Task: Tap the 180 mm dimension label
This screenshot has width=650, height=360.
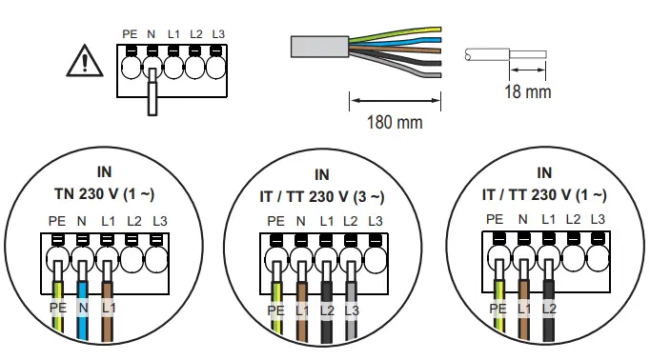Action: [x=396, y=122]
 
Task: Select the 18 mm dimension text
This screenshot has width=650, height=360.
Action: [x=526, y=92]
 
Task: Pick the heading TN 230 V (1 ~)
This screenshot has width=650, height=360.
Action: [x=105, y=195]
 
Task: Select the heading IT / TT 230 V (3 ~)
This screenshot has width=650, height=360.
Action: [x=324, y=197]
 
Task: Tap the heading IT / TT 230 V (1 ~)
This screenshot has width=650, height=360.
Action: [x=544, y=195]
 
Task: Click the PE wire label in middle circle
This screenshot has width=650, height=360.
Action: [x=275, y=310]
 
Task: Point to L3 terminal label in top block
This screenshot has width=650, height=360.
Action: [x=219, y=34]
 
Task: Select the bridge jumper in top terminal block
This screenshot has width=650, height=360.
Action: [x=152, y=93]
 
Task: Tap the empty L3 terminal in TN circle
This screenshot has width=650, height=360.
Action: [x=155, y=255]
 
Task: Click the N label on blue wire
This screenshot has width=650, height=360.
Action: [x=83, y=309]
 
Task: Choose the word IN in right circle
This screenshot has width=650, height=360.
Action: [x=544, y=173]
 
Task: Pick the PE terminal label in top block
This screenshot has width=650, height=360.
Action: [x=132, y=34]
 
